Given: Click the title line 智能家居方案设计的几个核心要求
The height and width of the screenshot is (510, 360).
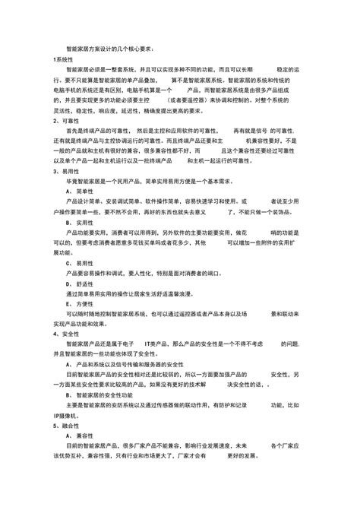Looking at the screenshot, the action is coord(112,49).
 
